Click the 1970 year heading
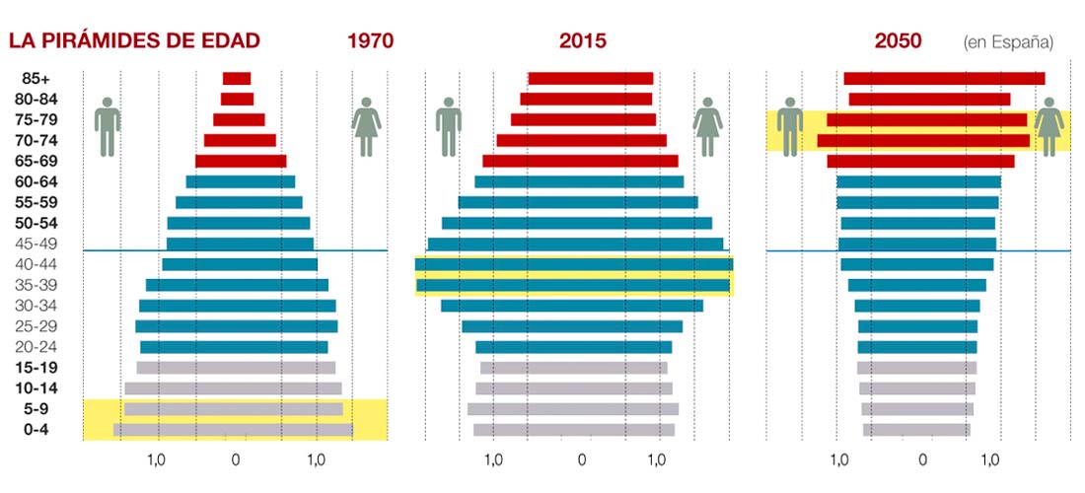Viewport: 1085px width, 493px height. tap(370, 41)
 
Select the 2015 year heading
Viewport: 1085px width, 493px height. tap(582, 41)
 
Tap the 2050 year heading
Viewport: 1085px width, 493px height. tap(898, 41)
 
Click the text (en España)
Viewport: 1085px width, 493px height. tap(1007, 42)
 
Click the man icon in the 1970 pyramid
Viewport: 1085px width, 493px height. tap(107, 126)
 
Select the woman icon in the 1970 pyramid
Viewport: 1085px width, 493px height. tap(367, 126)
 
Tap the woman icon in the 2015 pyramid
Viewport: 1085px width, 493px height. tap(707, 126)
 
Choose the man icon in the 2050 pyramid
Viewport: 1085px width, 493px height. tap(789, 126)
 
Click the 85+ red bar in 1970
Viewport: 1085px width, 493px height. tap(237, 79)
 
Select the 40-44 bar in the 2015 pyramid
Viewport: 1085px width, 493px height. tap(574, 264)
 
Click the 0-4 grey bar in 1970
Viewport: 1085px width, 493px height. tap(233, 430)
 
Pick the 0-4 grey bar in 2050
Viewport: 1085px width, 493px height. tap(916, 430)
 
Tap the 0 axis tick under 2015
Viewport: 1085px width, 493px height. tap(581, 459)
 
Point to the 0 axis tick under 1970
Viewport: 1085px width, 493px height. tap(235, 459)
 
